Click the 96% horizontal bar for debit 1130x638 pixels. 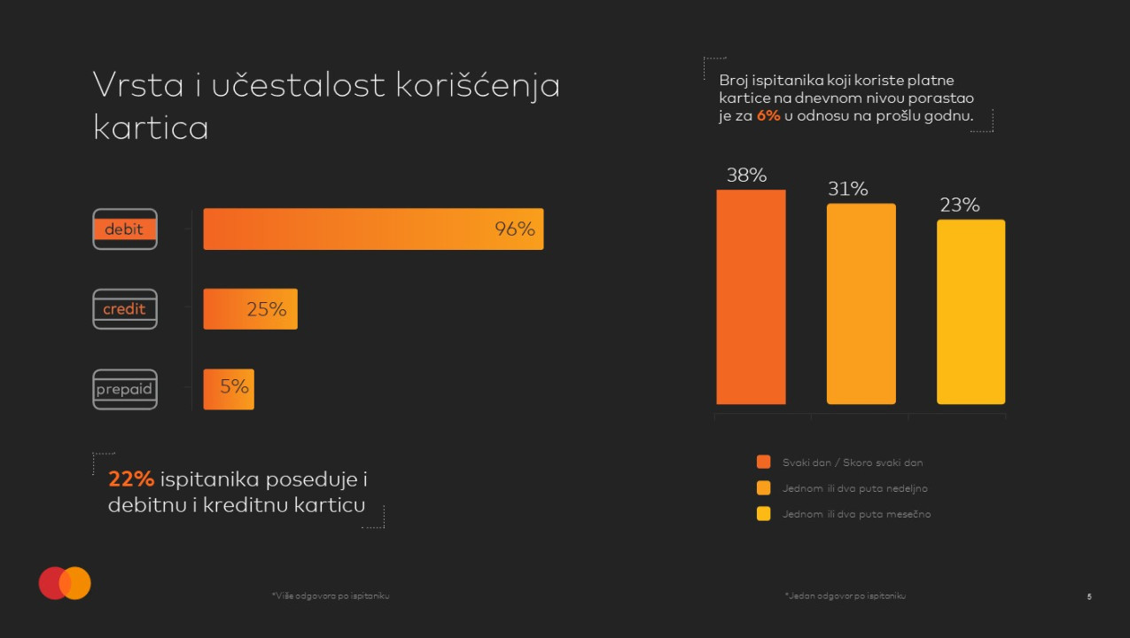(x=372, y=230)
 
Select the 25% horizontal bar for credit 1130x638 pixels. (x=250, y=309)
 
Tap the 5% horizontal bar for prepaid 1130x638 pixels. (x=229, y=389)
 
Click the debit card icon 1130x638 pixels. (x=125, y=230)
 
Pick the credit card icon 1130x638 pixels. (x=125, y=309)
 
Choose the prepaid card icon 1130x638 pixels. (x=125, y=389)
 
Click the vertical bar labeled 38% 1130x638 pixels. (x=751, y=297)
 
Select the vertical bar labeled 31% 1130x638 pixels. (x=861, y=304)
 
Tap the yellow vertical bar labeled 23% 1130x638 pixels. (x=970, y=312)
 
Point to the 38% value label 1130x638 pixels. (x=746, y=175)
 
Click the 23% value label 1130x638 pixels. (x=959, y=206)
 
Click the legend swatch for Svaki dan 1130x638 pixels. (x=763, y=463)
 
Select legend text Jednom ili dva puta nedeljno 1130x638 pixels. (x=854, y=488)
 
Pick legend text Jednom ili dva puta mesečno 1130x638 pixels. (x=856, y=514)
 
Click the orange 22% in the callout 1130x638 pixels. (x=131, y=479)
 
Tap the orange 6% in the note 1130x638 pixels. (x=768, y=116)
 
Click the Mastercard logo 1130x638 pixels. (x=65, y=583)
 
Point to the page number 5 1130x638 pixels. (x=1089, y=596)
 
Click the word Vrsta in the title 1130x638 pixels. (x=137, y=86)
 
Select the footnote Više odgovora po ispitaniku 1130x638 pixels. (x=331, y=596)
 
